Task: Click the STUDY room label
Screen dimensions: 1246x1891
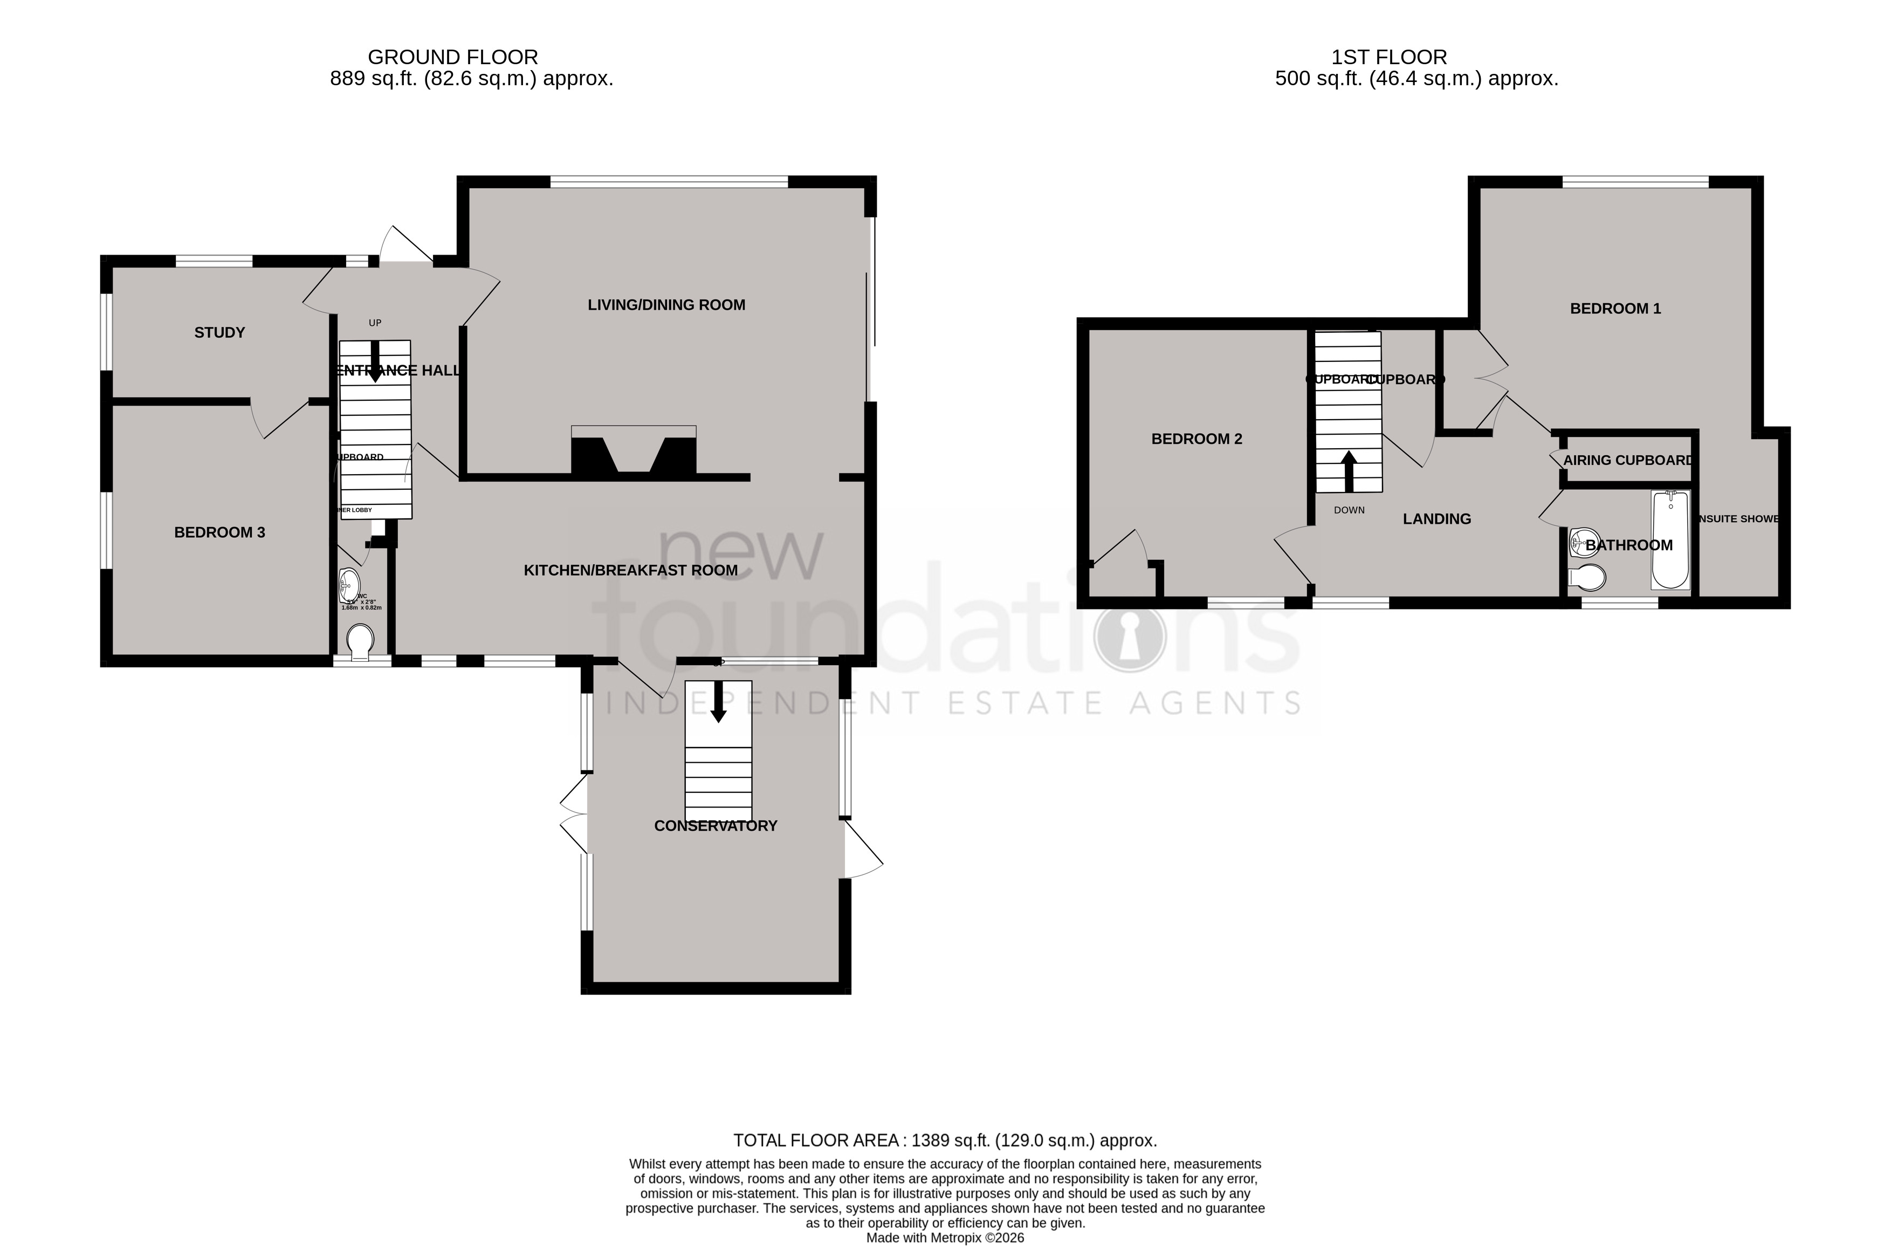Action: tap(219, 333)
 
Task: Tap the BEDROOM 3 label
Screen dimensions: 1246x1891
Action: tap(219, 532)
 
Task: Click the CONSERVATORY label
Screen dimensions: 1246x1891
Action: tap(715, 826)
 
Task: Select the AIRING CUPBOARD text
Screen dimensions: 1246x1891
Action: tap(1627, 461)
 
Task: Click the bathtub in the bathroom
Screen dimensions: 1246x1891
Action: tap(1670, 540)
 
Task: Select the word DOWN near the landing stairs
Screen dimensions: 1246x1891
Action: tap(1349, 510)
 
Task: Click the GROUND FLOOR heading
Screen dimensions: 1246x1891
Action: tap(453, 57)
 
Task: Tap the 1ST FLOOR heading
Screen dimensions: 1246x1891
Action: tap(1389, 57)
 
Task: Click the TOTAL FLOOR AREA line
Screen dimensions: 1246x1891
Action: tap(945, 1140)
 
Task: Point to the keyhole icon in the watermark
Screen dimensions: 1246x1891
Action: tap(1129, 636)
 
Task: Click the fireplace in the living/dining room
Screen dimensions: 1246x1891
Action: tap(633, 455)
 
